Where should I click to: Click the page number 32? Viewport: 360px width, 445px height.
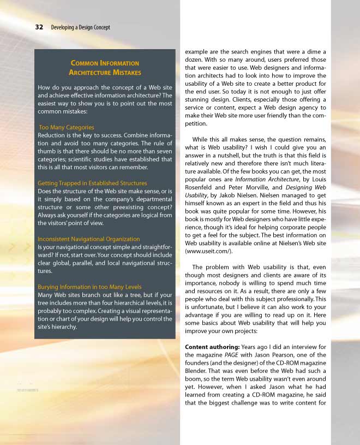[39, 27]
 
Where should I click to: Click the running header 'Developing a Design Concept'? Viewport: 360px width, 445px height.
[80, 27]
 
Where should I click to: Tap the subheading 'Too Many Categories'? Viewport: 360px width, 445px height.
[67, 127]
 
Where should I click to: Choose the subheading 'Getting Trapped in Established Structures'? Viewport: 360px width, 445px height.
[92, 183]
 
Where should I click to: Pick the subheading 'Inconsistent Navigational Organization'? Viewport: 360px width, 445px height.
[88, 239]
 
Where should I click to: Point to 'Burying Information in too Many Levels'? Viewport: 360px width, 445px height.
[89, 287]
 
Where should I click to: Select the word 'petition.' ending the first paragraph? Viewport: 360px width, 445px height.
[198, 124]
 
